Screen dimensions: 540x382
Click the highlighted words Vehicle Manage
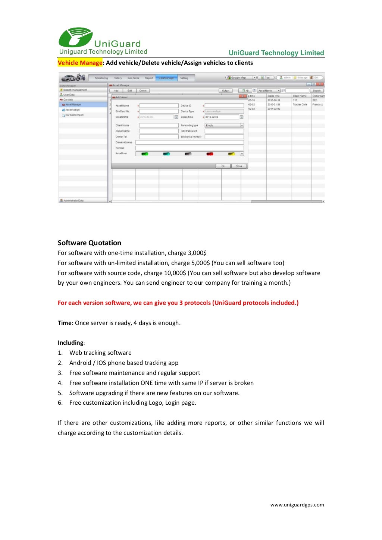click(x=80, y=63)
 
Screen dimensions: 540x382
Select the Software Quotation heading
click(x=89, y=243)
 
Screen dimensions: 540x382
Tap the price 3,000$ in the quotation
click(x=197, y=253)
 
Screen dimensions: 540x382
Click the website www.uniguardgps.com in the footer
click(x=297, y=505)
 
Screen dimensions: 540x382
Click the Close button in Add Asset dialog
click(x=239, y=166)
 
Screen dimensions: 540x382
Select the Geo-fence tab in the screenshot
click(x=133, y=78)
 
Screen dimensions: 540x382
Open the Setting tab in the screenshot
click(x=184, y=78)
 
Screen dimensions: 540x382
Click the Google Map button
click(x=239, y=78)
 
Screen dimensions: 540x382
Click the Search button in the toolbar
click(x=317, y=91)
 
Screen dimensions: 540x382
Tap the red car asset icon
click(x=210, y=154)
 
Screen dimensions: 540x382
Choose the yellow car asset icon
click(x=231, y=154)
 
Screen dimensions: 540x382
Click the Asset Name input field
click(x=159, y=106)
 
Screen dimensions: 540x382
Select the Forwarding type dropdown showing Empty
click(x=224, y=125)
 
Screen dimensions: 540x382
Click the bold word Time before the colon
click(x=64, y=323)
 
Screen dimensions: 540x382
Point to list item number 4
click(x=60, y=383)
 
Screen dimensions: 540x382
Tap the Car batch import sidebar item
click(x=74, y=115)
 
